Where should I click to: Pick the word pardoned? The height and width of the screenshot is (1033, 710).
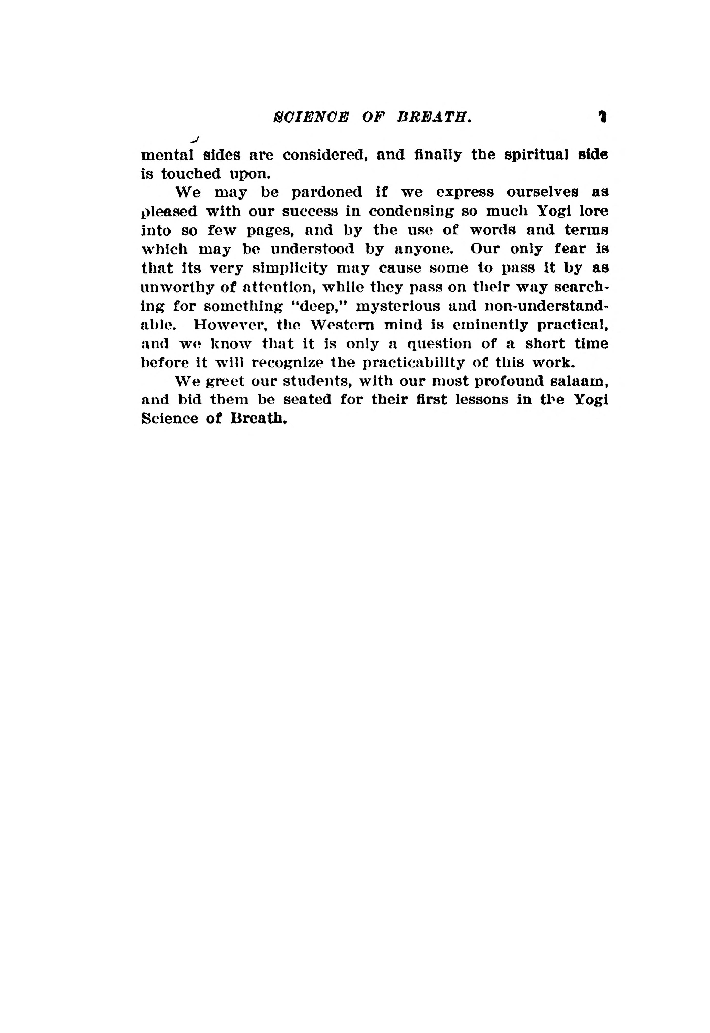[326, 192]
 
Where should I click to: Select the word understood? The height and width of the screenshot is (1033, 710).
[312, 249]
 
